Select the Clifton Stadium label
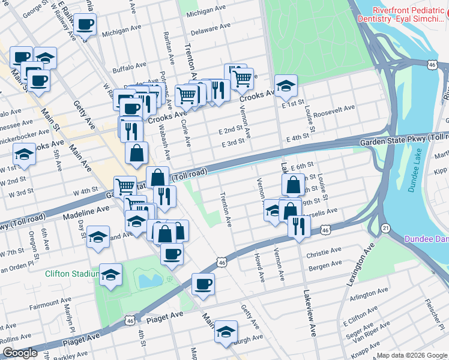pyautogui.click(x=71, y=274)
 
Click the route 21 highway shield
pyautogui.click(x=386, y=228)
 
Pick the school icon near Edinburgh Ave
pyautogui.click(x=226, y=332)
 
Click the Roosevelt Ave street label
pyautogui.click(x=334, y=111)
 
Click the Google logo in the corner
pyautogui.click(x=20, y=353)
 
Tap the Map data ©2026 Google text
pyautogui.click(x=412, y=355)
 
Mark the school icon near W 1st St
pyautogui.click(x=25, y=155)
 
